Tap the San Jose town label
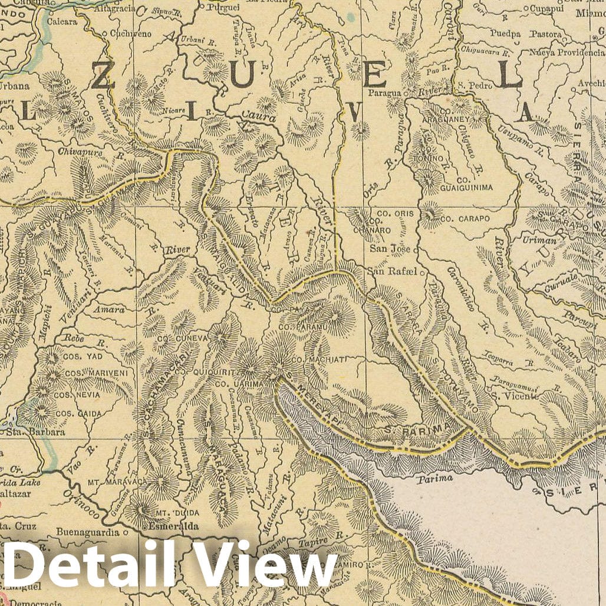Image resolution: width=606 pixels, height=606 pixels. click(x=390, y=249)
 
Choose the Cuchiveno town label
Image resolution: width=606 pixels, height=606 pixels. click(x=130, y=34)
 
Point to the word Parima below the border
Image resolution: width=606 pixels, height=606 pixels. click(x=435, y=478)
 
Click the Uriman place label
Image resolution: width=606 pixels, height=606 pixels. click(x=539, y=241)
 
